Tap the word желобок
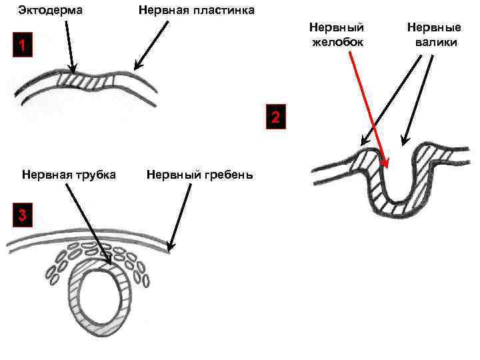(x=337, y=43)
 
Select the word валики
(x=434, y=43)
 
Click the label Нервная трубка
(x=69, y=175)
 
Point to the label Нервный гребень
(x=199, y=175)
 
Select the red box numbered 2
(x=276, y=118)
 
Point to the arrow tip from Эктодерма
(x=73, y=71)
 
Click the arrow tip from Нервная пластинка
(x=135, y=69)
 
